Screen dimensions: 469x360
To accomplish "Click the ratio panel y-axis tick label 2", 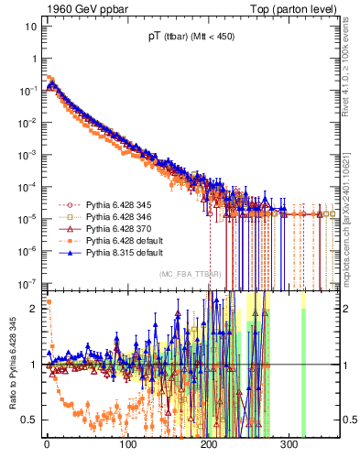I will click(34, 308).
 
